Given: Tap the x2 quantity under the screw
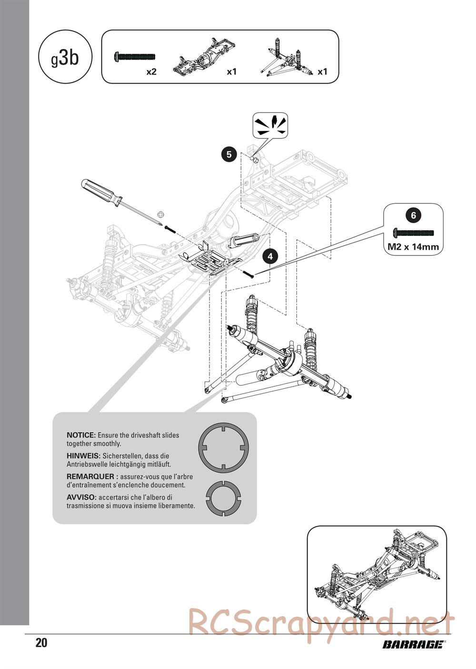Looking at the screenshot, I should [x=151, y=72].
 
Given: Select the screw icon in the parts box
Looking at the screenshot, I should [x=135, y=57].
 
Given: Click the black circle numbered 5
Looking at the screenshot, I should [x=229, y=154].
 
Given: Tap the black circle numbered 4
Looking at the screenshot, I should [x=270, y=256].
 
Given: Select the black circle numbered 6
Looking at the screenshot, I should [x=413, y=215].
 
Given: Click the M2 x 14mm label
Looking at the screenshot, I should [x=413, y=246].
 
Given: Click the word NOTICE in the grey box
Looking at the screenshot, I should [x=81, y=435].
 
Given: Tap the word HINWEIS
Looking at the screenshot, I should [x=83, y=456].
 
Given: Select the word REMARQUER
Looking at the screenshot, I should [x=90, y=476].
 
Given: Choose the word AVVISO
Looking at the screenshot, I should [x=81, y=497].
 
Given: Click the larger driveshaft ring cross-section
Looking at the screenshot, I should [x=223, y=447].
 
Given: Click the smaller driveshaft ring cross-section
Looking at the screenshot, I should [x=223, y=498].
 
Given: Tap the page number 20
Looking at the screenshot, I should [x=41, y=643].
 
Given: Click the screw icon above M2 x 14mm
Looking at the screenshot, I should [x=414, y=233].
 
